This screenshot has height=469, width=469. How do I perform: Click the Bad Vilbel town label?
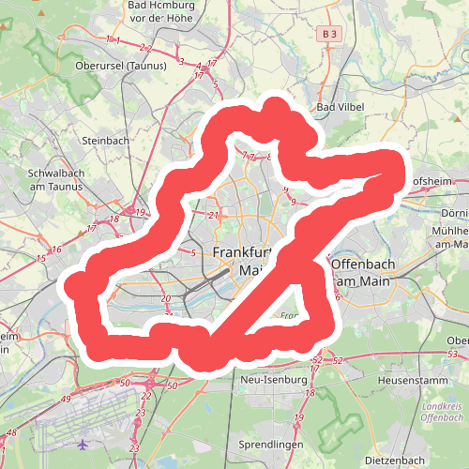point(340,107)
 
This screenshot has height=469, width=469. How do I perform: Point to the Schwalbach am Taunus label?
point(57,180)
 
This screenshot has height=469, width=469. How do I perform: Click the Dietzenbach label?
point(395,461)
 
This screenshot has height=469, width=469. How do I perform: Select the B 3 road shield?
point(326,35)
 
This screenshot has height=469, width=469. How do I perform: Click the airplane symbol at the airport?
point(84,443)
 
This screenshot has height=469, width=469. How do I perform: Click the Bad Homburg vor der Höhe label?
point(157,10)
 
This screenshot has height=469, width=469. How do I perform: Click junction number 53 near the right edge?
point(453,354)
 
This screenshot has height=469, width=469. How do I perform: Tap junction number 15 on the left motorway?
point(41,258)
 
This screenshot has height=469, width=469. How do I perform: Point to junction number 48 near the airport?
point(12,432)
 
